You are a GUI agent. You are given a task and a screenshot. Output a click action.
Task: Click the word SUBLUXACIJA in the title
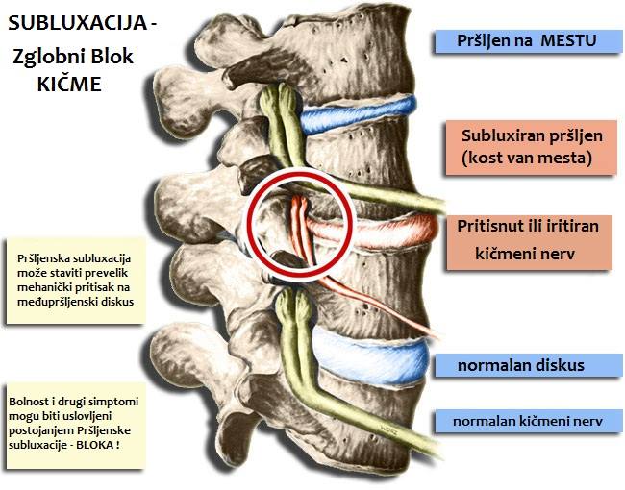[78, 23]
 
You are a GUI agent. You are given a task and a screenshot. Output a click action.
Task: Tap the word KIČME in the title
[69, 84]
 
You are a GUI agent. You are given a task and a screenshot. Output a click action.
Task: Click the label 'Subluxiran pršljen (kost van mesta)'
[531, 147]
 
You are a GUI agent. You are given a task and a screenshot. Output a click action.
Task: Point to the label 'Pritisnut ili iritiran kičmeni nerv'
[529, 242]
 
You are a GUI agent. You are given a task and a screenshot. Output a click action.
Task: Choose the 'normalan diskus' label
[529, 365]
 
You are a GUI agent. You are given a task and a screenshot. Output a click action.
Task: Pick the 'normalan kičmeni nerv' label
[529, 421]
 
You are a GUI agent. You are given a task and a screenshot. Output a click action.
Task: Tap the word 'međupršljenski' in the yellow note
[54, 302]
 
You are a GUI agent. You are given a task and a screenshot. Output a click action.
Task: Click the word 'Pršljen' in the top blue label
[483, 41]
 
